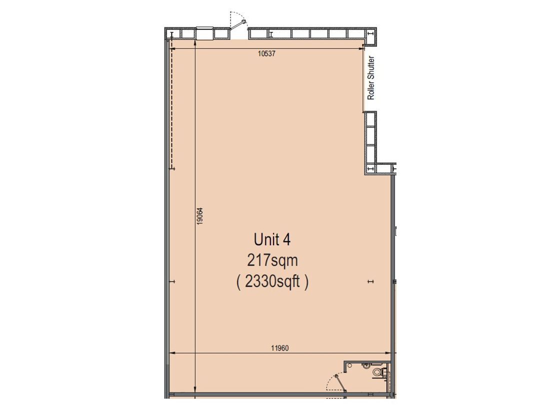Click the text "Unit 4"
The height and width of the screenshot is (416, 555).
pyautogui.click(x=272, y=240)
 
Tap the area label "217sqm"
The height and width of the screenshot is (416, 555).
pyautogui.click(x=272, y=261)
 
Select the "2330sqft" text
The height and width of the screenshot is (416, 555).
pyautogui.click(x=272, y=282)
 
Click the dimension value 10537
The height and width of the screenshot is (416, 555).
pyautogui.click(x=266, y=54)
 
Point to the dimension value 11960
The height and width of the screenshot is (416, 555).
pyautogui.click(x=280, y=348)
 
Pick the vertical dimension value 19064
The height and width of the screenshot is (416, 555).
pyautogui.click(x=200, y=216)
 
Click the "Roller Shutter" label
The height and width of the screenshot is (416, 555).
pyautogui.click(x=371, y=78)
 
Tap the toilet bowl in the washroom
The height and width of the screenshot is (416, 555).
pyautogui.click(x=377, y=372)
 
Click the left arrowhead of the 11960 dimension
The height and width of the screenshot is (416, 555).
pyautogui.click(x=172, y=353)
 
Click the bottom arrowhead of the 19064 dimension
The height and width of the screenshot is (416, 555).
pyautogui.click(x=195, y=390)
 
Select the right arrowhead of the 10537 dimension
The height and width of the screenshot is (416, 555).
pyautogui.click(x=361, y=49)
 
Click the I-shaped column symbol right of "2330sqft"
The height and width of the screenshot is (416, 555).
pyautogui.click(x=370, y=282)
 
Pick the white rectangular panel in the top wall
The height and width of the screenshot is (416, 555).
pyautogui.click(x=204, y=33)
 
